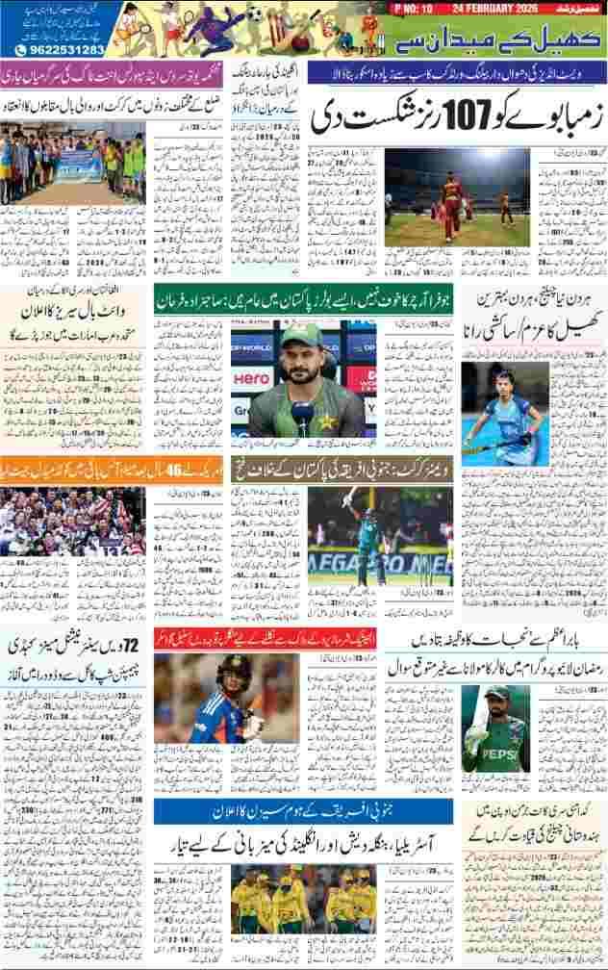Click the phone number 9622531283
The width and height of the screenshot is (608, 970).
point(59,48)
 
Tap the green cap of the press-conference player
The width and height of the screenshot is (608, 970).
point(299,336)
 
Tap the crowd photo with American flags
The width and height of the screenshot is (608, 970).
point(72,535)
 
